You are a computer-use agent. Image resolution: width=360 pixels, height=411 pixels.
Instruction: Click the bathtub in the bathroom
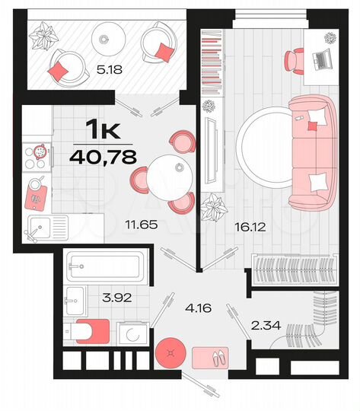(103, 267)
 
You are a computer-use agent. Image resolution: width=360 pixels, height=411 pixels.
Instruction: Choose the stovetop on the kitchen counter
(37, 155)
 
